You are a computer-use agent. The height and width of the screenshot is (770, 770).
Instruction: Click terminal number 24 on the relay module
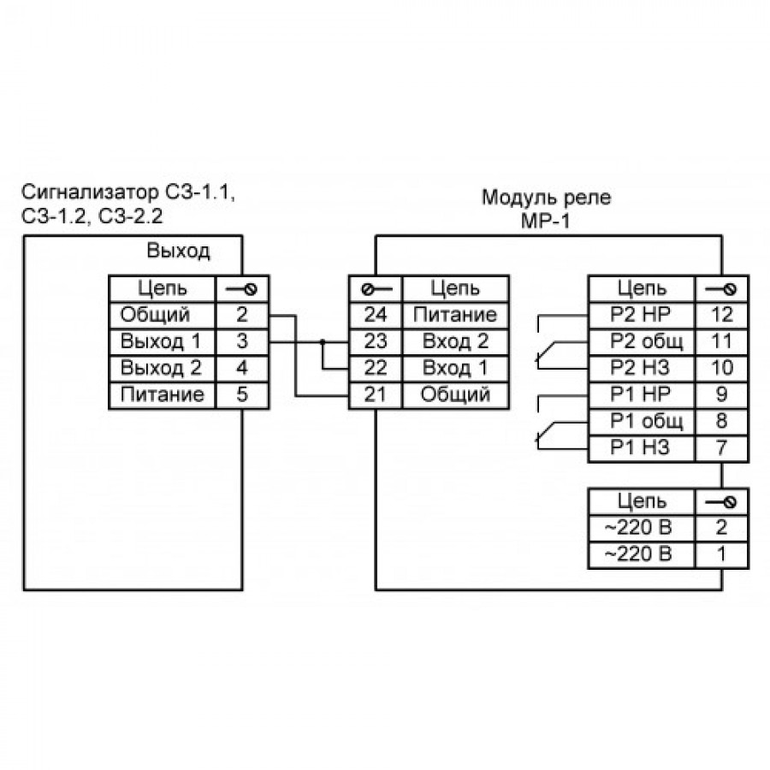coord(376,315)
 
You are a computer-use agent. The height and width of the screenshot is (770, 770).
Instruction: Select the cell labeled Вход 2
coord(455,341)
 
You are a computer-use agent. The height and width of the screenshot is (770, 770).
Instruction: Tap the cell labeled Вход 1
coord(455,369)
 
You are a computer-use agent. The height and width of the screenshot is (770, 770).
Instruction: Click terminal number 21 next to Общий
coord(376,395)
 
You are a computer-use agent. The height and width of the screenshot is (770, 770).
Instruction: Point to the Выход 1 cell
coord(162,341)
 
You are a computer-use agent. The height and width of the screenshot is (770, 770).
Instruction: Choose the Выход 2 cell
coord(162,369)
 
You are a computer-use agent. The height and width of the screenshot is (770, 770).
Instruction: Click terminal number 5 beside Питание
coord(241,395)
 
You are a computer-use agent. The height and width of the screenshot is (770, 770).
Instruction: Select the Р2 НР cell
coord(642,315)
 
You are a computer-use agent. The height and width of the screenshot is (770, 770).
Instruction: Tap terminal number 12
coord(721,315)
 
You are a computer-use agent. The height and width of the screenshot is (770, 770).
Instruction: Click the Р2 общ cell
coord(642,341)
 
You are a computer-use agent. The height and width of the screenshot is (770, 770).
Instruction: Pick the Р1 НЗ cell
coord(642,448)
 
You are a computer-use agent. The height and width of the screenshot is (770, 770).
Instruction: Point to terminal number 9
coord(721,395)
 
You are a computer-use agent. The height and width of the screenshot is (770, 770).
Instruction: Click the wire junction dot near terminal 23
coord(323,342)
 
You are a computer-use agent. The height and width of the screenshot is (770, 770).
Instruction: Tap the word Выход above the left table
coord(178,252)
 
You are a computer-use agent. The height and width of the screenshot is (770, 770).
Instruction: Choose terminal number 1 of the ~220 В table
coord(721,554)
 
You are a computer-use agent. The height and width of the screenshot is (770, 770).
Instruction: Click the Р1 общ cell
coord(642,422)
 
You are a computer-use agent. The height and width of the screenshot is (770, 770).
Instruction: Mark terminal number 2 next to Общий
coord(241,315)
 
